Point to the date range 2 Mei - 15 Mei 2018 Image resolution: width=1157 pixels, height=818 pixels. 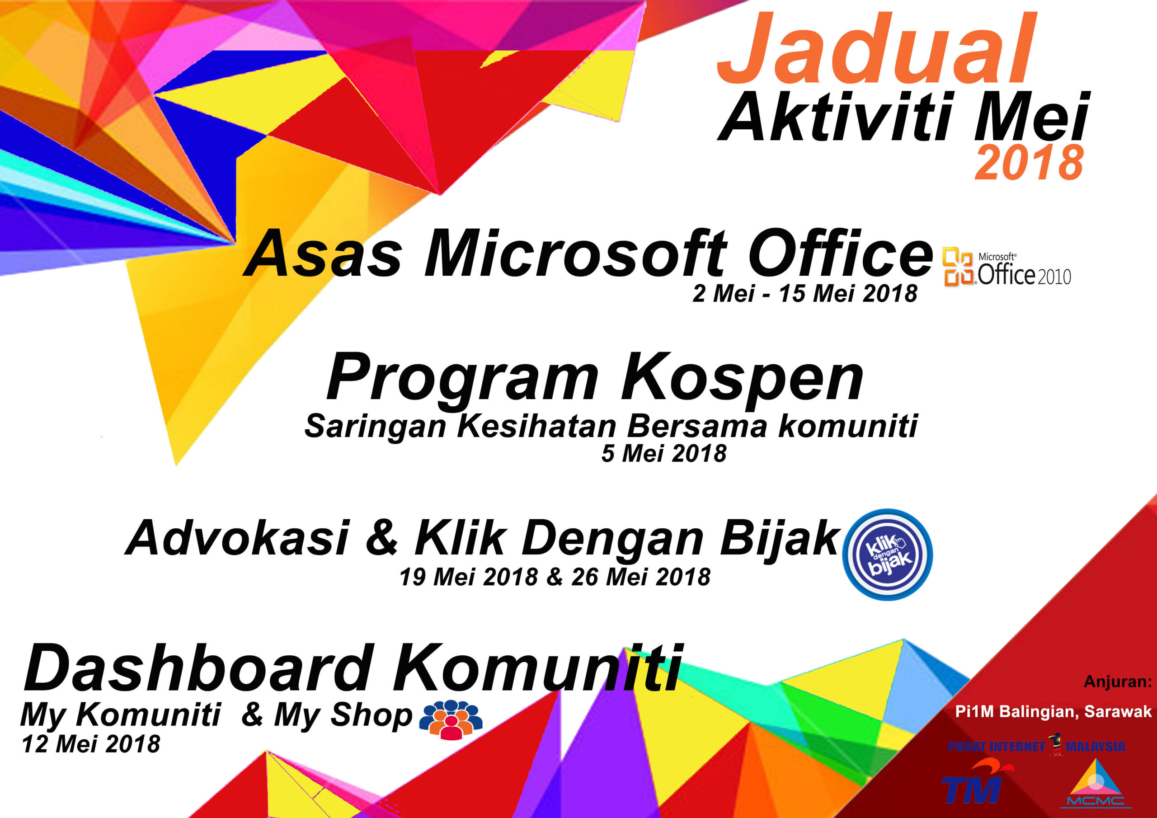(x=805, y=293)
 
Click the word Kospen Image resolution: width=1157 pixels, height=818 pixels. (x=742, y=378)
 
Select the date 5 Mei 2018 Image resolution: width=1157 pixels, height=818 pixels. (x=663, y=453)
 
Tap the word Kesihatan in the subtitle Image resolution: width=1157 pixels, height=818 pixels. (x=536, y=426)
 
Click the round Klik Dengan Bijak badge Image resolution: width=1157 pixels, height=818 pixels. (x=887, y=555)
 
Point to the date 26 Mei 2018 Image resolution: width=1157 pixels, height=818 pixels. (x=640, y=577)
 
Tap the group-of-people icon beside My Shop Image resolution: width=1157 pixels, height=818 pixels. (x=451, y=719)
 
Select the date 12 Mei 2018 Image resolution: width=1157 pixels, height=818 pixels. (x=91, y=744)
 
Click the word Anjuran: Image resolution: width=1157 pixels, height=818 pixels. (x=1118, y=682)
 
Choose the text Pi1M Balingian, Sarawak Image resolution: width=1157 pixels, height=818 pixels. (x=1053, y=712)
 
